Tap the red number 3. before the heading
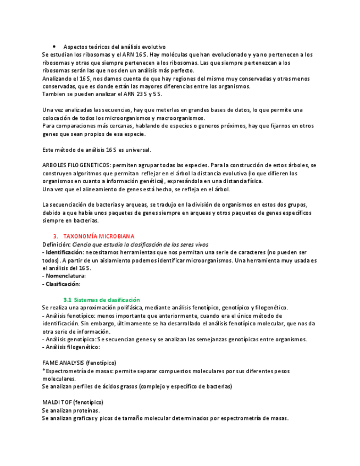coord(56,236)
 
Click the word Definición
coord(56,244)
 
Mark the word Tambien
coord(54,94)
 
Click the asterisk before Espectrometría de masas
coord(43,371)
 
